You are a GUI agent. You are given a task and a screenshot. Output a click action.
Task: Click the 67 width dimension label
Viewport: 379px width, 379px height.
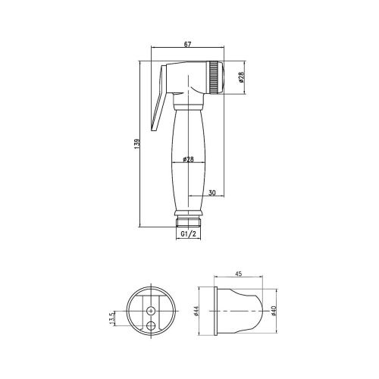click(x=187, y=44)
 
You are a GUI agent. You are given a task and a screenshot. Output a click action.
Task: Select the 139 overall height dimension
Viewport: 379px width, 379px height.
click(x=137, y=143)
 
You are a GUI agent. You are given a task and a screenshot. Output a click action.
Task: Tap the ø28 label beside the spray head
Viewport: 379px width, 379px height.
click(x=241, y=77)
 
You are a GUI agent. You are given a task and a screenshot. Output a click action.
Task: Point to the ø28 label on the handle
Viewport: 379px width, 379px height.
click(x=188, y=159)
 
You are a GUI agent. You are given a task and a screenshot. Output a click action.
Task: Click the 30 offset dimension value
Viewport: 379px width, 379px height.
click(x=212, y=193)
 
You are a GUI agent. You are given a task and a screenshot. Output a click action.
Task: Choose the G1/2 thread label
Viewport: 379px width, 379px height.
click(x=188, y=234)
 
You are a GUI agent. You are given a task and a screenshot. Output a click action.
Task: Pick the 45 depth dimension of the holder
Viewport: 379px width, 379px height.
click(x=239, y=274)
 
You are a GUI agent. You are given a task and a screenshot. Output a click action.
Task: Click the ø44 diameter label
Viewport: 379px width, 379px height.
click(x=197, y=311)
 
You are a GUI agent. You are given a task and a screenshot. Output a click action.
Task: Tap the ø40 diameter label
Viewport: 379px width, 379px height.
click(x=274, y=311)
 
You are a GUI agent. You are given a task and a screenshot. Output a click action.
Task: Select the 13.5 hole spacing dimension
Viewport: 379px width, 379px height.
click(x=112, y=318)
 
